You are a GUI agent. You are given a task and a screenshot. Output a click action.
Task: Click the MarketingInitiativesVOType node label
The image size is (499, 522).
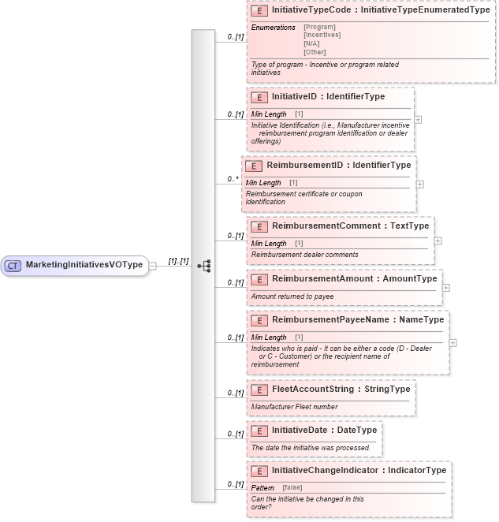pos(84,265)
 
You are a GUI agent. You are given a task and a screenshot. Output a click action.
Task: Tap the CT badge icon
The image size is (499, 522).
pos(13,266)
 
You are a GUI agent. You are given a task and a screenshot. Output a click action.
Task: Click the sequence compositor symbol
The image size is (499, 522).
pos(203,266)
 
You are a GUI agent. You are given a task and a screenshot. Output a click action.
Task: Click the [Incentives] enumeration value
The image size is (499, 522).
pos(322,35)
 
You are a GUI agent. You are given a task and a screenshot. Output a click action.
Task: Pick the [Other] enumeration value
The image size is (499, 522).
pos(315,52)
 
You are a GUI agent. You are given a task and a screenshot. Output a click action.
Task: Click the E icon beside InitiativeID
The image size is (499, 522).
pos(259,97)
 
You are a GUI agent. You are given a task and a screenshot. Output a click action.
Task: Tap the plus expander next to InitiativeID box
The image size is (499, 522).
pos(418,120)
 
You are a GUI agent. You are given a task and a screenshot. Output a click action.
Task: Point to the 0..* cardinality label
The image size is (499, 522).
pos(233,179)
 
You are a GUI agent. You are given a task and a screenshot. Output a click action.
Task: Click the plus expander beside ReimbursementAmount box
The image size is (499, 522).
pos(446,288)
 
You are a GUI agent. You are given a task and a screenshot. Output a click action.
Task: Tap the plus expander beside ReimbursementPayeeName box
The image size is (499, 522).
pos(452,343)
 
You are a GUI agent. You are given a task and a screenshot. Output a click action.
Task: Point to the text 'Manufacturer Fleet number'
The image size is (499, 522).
pos(294,407)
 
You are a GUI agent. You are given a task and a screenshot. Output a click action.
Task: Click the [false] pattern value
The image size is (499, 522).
pos(292,487)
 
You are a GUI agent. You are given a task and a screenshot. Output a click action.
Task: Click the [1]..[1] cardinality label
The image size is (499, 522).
pos(178,261)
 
